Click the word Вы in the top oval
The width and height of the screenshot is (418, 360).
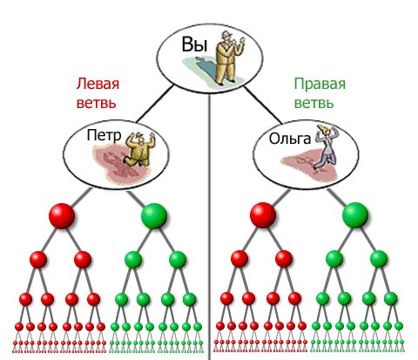coord(194,45)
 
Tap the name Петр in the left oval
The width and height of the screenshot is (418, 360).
coord(104,136)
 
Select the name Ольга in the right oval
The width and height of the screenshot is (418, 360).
coord(290,139)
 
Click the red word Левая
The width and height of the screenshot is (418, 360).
coord(98,84)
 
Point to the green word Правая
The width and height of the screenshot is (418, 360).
coord(320,84)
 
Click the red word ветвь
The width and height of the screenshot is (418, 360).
coord(97,103)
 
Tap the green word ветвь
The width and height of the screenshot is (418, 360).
coord(314,103)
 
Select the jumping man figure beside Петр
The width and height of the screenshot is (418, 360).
coord(139,149)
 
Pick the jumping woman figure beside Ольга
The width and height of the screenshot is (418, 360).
coord(327,147)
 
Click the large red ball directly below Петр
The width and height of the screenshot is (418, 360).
coord(62,216)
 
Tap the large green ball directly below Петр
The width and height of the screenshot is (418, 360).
coord(154,216)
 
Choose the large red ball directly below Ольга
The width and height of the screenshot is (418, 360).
coord(263,215)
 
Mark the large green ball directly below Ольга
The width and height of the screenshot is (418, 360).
coord(355,215)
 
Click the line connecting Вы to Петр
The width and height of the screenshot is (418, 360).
coord(154,104)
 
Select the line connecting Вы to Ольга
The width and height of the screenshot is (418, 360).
coord(263,105)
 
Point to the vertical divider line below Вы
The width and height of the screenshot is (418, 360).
coord(209,227)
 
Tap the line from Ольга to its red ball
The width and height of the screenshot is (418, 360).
coord(280,198)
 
